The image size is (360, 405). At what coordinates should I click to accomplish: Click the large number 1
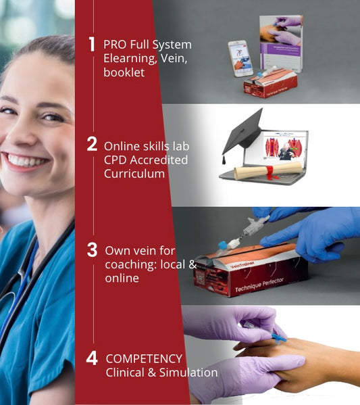[x=92, y=45]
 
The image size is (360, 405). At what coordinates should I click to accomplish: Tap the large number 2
[x=92, y=144]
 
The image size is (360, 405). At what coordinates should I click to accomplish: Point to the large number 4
[x=92, y=358]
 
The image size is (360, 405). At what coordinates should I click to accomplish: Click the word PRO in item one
[x=114, y=45]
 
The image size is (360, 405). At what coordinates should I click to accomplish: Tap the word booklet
[x=124, y=72]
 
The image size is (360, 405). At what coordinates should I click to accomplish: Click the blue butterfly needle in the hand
[x=276, y=336]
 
